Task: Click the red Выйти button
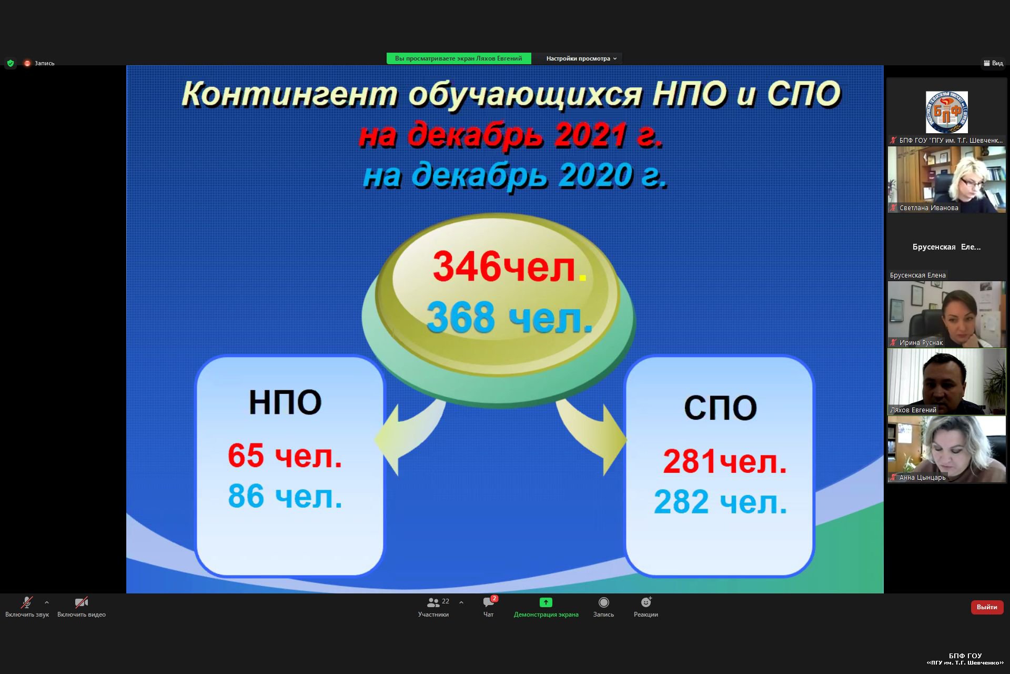pyautogui.click(x=987, y=607)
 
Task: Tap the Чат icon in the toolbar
pyautogui.click(x=489, y=602)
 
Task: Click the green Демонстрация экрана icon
pyautogui.click(x=546, y=602)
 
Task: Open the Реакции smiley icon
pyautogui.click(x=646, y=602)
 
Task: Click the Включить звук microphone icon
pyautogui.click(x=26, y=602)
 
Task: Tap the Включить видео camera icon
pyautogui.click(x=81, y=602)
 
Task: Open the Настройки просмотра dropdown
pyautogui.click(x=581, y=58)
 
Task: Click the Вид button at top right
pyautogui.click(x=993, y=63)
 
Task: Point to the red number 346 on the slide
pyautogui.click(x=467, y=266)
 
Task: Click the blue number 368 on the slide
pyautogui.click(x=461, y=317)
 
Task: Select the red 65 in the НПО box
pyautogui.click(x=246, y=455)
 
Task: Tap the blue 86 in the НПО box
pyautogui.click(x=246, y=496)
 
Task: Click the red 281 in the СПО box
pyautogui.click(x=690, y=461)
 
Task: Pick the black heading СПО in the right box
pyautogui.click(x=720, y=408)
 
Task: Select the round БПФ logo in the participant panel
pyautogui.click(x=946, y=112)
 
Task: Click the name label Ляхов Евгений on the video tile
pyautogui.click(x=913, y=410)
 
